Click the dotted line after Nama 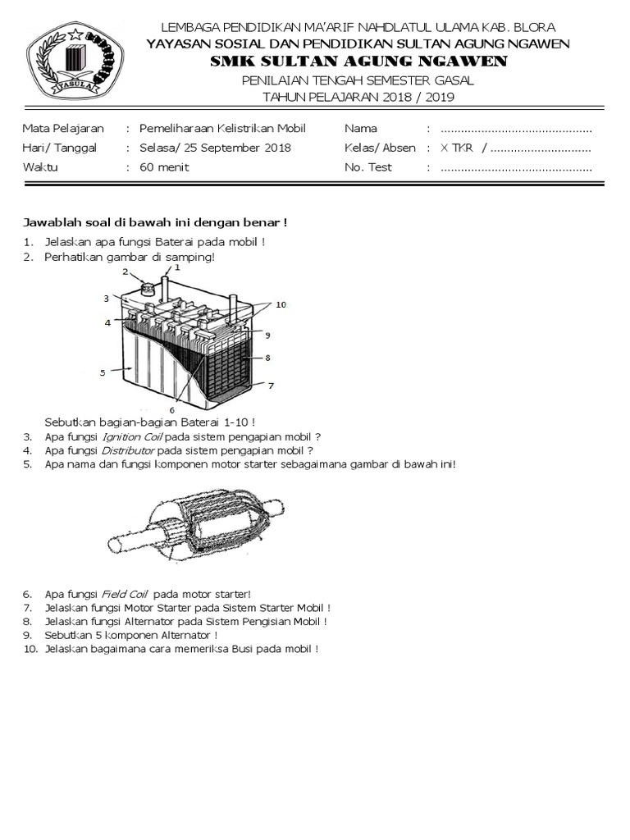(516, 129)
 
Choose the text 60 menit (163, 167)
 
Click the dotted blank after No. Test (516, 167)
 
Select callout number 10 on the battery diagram (281, 304)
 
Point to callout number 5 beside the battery (103, 372)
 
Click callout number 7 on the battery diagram (272, 384)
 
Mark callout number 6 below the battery (171, 409)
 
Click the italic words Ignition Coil (131, 436)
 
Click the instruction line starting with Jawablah (153, 222)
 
